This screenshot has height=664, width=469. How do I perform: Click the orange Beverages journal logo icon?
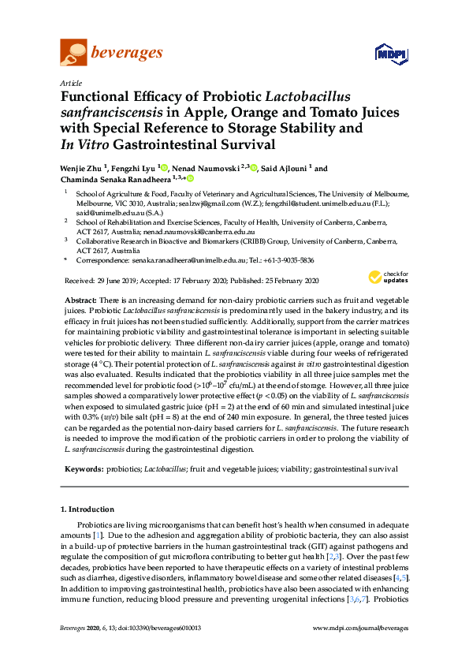coord(73,54)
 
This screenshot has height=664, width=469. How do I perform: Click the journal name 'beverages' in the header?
coord(128,53)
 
